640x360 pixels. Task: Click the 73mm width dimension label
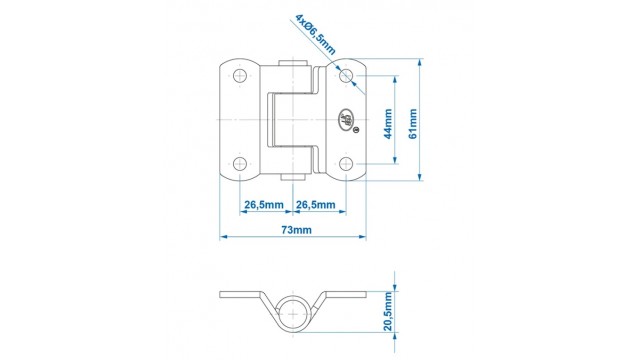point(297,230)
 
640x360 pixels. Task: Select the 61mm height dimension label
point(413,124)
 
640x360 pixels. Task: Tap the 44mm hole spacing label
point(388,124)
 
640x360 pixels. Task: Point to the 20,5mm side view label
point(388,311)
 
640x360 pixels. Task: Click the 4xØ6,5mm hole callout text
point(316,35)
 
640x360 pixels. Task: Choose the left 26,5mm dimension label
point(264,204)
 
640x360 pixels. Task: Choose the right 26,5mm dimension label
point(316,204)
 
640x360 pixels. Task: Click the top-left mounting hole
point(240,76)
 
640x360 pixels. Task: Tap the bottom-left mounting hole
point(240,164)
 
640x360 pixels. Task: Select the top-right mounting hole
point(346,76)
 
